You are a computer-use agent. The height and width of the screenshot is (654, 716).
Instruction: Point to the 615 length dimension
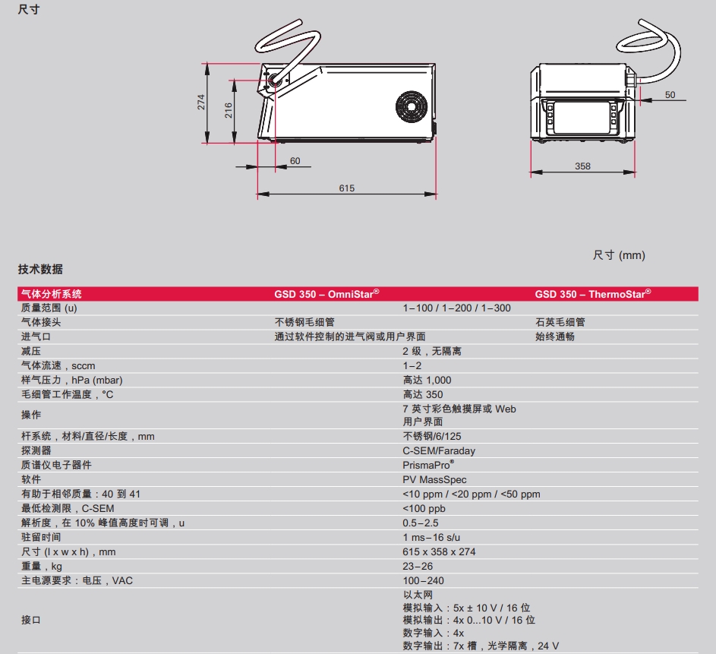coord(347,188)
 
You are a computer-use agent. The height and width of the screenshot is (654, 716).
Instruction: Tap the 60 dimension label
coord(295,161)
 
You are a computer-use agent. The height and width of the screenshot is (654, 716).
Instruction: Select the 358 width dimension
coord(582,166)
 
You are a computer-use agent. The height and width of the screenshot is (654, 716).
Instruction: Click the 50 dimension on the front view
coord(670,95)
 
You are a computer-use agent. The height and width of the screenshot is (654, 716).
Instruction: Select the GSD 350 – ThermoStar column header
coord(592,294)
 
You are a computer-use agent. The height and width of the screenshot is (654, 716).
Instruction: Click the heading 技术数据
coord(40,270)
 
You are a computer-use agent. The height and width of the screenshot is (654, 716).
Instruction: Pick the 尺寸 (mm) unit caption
coord(619,255)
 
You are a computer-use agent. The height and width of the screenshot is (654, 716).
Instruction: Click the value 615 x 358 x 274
coord(439,552)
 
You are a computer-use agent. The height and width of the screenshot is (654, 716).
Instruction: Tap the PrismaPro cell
coord(428,465)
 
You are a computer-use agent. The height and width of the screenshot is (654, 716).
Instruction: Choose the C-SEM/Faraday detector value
coord(439,451)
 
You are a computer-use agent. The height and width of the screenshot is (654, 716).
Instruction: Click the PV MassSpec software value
coord(434,480)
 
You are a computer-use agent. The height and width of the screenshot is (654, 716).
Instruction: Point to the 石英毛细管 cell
coord(560,322)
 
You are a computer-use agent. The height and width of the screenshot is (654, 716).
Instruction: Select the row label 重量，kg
coord(42,567)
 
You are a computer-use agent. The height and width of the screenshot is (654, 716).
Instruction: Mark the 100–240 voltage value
coord(423,581)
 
